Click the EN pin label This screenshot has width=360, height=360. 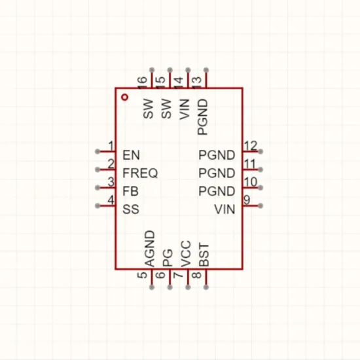coord(131,155)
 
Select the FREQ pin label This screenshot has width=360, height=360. coord(140,173)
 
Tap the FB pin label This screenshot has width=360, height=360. coord(130,191)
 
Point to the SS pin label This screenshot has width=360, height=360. coord(131,209)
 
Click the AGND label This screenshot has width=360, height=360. coord(150,249)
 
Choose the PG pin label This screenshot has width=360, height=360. coord(168,258)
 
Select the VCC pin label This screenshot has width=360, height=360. coord(186,254)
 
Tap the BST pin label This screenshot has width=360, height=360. coord(204,255)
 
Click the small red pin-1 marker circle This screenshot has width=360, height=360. coord(124,97)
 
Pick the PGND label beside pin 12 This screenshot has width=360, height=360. coord(217,155)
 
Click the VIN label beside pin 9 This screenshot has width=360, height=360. coord(225,209)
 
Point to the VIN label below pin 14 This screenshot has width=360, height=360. coord(185,109)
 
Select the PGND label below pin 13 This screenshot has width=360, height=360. coord(203,117)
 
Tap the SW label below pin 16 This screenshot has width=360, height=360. coord(148,109)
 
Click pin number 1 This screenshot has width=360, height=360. coord(111,146)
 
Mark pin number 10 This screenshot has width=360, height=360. coord(251,182)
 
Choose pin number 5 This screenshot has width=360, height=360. coord(142,275)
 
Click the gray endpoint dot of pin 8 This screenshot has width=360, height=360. coord(206,287)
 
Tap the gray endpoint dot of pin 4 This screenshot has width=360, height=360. coord(98,206)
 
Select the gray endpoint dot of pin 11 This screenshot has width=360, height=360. coord(261,170)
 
